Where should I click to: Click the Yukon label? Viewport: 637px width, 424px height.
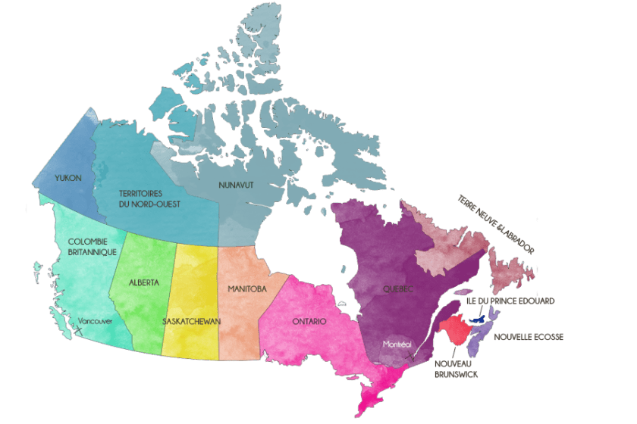67,179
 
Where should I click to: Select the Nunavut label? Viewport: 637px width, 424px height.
237,184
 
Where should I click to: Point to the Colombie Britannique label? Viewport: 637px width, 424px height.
86,246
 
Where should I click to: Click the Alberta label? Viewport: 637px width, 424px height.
144,282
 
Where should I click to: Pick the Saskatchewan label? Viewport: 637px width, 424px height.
191,321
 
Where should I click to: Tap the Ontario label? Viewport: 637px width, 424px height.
309,321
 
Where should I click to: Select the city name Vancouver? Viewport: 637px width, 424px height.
96,321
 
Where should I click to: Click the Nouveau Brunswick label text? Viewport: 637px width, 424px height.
457,368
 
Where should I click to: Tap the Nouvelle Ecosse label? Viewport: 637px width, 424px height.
529,336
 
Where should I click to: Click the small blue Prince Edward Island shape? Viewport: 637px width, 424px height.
479,320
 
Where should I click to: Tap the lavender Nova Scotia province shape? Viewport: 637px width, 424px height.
478,338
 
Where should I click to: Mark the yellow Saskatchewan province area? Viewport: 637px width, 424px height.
194,288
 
